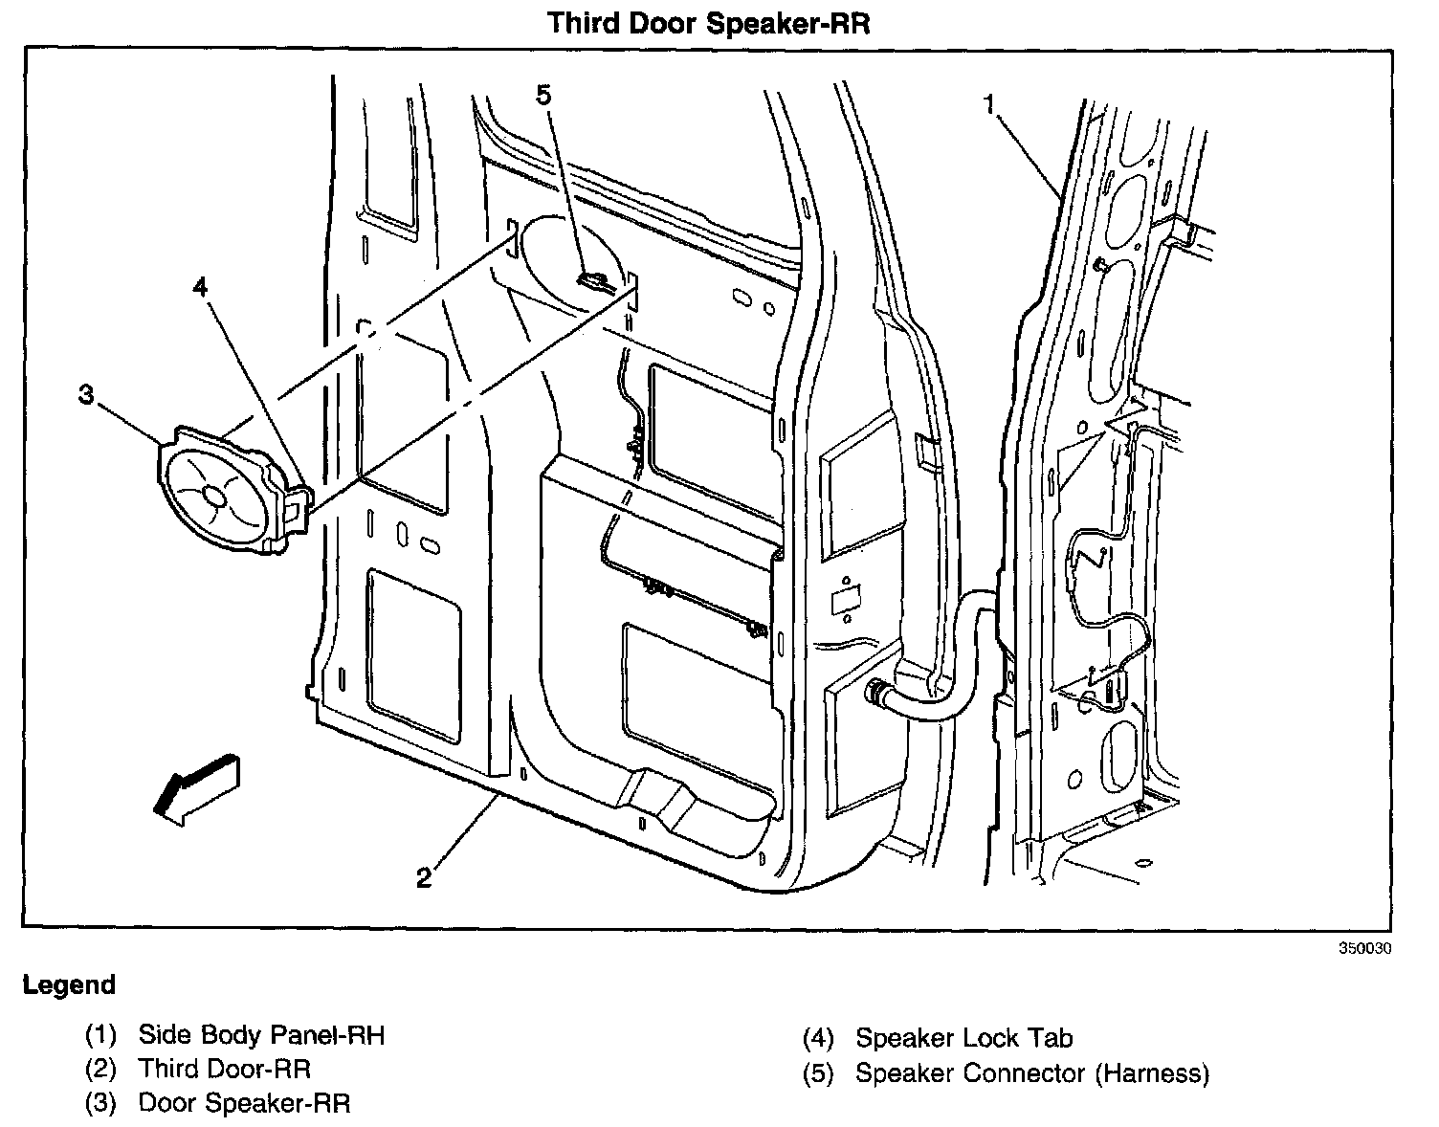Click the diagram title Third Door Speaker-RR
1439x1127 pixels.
[709, 23]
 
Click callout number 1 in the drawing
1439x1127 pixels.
[991, 103]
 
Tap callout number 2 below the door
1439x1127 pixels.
[424, 876]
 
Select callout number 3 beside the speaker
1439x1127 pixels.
[87, 395]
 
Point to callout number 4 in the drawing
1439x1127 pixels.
[200, 287]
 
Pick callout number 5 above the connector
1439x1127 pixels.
[543, 95]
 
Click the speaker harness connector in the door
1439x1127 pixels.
[593, 280]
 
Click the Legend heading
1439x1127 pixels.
[69, 985]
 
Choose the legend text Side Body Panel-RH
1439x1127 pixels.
[261, 1034]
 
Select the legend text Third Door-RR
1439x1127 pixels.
[225, 1069]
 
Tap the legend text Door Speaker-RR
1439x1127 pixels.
[245, 1103]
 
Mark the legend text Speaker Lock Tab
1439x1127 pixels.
[964, 1038]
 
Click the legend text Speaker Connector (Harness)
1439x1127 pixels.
[1032, 1073]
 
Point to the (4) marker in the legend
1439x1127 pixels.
[819, 1039]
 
